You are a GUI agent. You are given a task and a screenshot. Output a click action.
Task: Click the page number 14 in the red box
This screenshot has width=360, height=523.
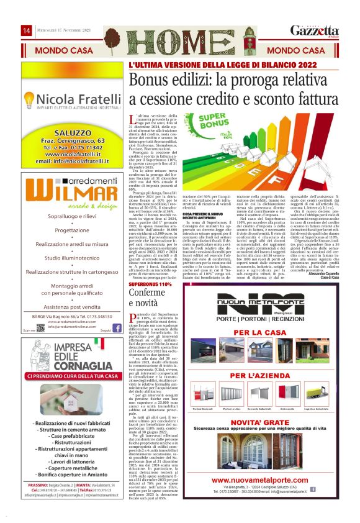pyautogui.click(x=27, y=30)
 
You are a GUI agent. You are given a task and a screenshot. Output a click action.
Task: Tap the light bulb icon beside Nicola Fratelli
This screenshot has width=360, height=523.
pyautogui.click(x=27, y=99)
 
